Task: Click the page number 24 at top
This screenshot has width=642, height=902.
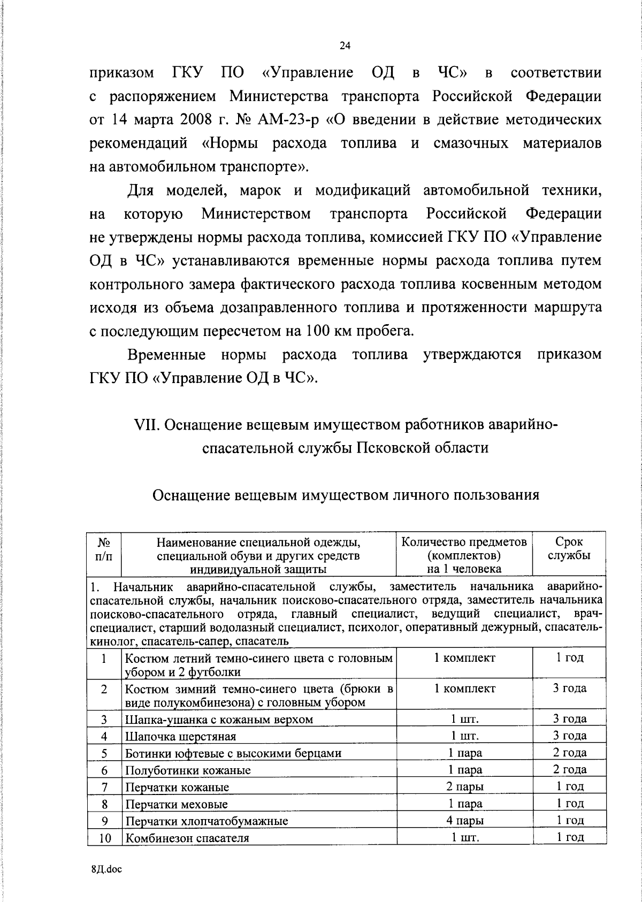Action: [345, 47]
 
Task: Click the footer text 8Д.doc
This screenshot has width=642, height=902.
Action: [106, 869]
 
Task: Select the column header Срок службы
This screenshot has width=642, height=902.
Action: [569, 548]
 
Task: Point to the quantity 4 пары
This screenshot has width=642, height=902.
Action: [465, 821]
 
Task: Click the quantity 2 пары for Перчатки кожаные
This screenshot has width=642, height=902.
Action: [465, 787]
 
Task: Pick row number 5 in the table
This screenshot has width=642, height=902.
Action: [104, 753]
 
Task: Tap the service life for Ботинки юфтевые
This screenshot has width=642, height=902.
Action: [569, 753]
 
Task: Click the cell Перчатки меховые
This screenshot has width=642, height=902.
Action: [176, 804]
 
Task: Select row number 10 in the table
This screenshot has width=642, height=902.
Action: [104, 838]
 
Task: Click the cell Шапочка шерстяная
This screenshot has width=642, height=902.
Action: [180, 737]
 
